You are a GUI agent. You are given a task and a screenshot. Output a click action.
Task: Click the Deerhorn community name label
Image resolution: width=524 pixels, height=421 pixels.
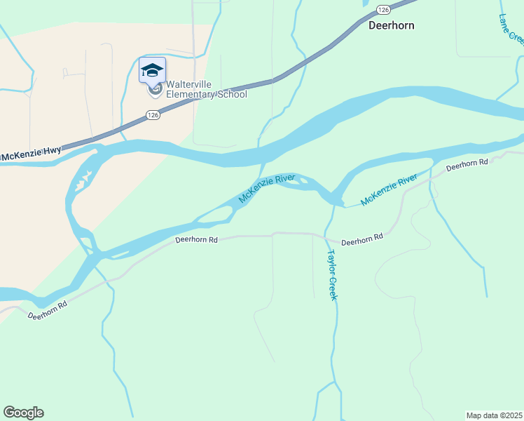coord(392,25)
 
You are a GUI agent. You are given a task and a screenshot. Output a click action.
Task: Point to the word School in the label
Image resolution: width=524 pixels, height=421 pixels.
coord(233,94)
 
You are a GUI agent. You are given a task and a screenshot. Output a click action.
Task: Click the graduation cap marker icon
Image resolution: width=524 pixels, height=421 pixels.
coord(152,69)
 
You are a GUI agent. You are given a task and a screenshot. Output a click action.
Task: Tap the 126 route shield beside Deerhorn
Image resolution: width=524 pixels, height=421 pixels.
coord(382,9)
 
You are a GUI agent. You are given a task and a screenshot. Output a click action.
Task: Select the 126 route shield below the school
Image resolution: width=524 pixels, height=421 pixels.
coord(154,114)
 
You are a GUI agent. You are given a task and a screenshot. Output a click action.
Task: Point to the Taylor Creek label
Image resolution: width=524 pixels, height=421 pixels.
coord(332,275)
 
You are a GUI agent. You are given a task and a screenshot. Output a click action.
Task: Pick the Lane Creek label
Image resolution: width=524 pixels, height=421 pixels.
coord(512,28)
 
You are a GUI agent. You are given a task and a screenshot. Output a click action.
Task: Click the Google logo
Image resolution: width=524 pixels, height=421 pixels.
coord(23,413)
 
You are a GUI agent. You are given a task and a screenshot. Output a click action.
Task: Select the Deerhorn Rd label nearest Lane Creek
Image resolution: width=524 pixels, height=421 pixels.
coord(467,164)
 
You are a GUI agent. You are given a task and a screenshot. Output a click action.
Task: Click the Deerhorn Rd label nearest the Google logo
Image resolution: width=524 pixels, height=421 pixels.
coord(48,311)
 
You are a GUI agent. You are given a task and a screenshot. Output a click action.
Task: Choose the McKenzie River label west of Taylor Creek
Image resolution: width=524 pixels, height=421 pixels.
coord(266,188)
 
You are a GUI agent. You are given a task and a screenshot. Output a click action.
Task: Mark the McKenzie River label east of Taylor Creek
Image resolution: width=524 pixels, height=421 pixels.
coord(389,191)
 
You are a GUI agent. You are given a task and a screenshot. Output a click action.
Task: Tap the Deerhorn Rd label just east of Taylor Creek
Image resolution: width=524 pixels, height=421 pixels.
coord(362,239)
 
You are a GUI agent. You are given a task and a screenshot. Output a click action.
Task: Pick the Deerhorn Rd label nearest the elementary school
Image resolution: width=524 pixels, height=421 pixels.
coord(196,240)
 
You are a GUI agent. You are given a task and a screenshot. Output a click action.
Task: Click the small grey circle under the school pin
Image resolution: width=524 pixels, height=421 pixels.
coord(155,89)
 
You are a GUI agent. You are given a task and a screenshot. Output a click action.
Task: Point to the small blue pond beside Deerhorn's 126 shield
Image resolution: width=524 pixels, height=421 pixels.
coord(365,3)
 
